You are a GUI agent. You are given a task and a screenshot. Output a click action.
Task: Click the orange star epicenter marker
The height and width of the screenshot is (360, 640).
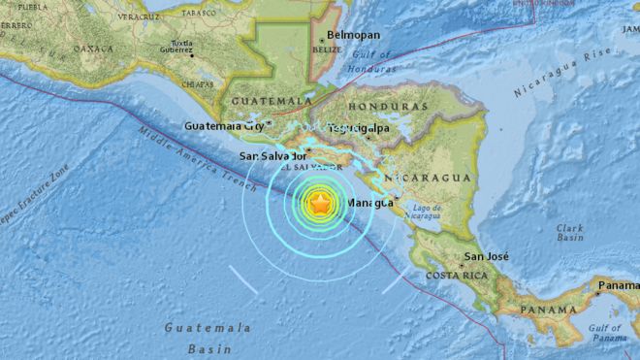(x=320, y=203)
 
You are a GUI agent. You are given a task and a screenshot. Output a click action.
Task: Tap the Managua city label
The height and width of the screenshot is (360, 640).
(x=370, y=203)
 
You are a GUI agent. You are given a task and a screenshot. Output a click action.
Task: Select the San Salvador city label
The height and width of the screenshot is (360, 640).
(x=273, y=155)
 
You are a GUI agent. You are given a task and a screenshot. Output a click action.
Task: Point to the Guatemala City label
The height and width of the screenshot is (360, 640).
(x=225, y=125)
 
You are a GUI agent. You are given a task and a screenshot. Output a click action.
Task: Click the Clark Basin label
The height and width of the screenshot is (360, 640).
(x=569, y=234)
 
